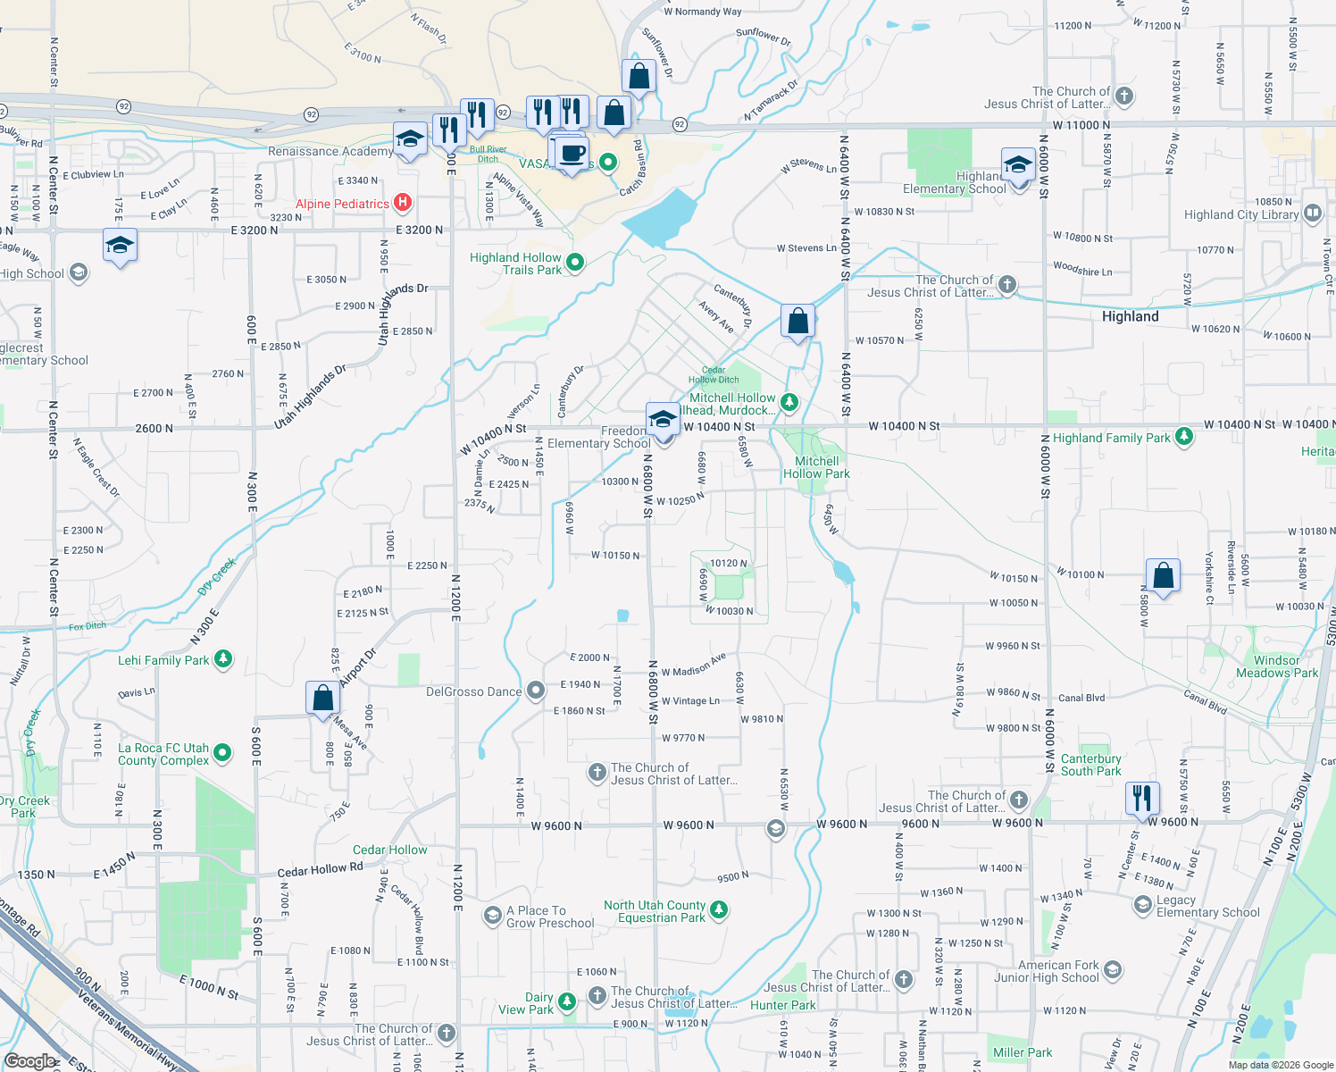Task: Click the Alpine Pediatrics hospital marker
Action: (403, 203)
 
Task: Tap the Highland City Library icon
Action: (1312, 214)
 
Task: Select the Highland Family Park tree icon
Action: (1183, 437)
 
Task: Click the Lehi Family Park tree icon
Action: (223, 659)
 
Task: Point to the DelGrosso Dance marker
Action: (536, 691)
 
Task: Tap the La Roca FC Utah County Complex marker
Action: (223, 753)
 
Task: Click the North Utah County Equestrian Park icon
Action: (719, 910)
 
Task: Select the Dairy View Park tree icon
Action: (567, 1002)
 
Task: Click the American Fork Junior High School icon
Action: (1112, 970)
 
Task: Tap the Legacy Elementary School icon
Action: (1143, 905)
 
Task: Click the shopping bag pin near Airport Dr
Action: (322, 697)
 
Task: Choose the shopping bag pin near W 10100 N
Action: (1163, 575)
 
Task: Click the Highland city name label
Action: (1130, 316)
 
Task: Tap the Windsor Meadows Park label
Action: (1276, 666)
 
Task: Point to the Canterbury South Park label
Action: (1090, 765)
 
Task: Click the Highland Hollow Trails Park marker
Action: (575, 263)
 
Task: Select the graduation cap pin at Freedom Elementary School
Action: (663, 419)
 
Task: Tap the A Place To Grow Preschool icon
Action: (492, 916)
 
